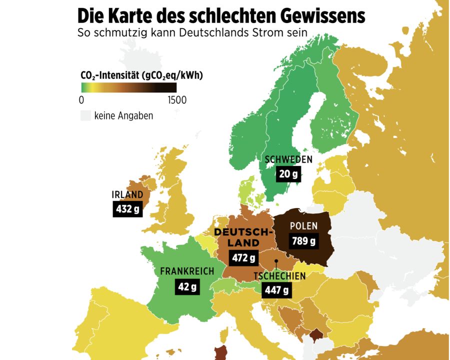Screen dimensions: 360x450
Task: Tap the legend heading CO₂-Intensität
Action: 110,75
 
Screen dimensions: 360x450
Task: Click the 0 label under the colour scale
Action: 81,100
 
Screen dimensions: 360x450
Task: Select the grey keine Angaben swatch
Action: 85,116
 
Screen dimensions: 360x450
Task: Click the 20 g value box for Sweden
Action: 288,174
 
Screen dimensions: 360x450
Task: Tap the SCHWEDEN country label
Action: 288,159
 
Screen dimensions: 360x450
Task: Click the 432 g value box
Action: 127,209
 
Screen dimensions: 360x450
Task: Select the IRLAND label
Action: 127,194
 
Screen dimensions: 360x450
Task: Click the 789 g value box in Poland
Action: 303,241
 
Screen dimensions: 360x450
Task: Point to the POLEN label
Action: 303,226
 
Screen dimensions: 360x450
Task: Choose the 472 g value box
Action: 243,258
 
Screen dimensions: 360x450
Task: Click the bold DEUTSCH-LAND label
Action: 243,237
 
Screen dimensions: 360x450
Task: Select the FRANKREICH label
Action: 187,271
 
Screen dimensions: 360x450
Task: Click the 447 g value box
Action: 276,290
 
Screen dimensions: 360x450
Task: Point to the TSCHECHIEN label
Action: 279,276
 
